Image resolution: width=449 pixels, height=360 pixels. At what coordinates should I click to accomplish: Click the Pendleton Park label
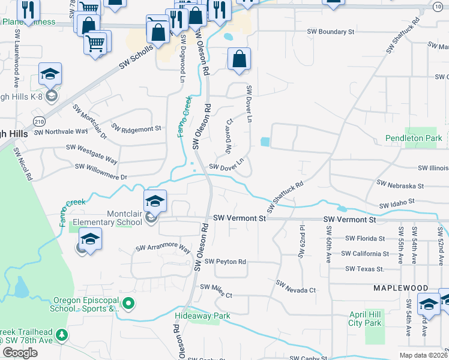pyautogui.click(x=414, y=139)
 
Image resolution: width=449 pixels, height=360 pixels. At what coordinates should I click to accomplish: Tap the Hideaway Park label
pyautogui.click(x=202, y=316)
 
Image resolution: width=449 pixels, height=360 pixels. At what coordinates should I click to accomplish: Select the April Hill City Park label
pyautogui.click(x=365, y=319)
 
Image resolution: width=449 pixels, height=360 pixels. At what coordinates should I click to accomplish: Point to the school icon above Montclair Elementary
pyautogui.click(x=155, y=201)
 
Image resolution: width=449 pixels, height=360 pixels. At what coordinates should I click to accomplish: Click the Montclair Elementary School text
pyautogui.click(x=107, y=218)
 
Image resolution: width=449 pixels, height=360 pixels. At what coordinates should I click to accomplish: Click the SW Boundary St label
pyautogui.click(x=331, y=32)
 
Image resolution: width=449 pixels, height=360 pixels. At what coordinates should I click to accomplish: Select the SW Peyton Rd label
pyautogui.click(x=225, y=262)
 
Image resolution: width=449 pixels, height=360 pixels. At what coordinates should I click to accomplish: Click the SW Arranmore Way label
pyautogui.click(x=163, y=248)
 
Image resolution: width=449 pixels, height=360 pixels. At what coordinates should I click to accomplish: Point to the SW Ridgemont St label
pyautogui.click(x=137, y=128)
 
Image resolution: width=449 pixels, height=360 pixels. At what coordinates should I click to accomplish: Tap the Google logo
pyautogui.click(x=19, y=353)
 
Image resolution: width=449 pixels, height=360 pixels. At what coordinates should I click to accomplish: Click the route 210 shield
pyautogui.click(x=39, y=121)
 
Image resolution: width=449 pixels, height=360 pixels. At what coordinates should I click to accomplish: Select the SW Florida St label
pyautogui.click(x=361, y=238)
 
